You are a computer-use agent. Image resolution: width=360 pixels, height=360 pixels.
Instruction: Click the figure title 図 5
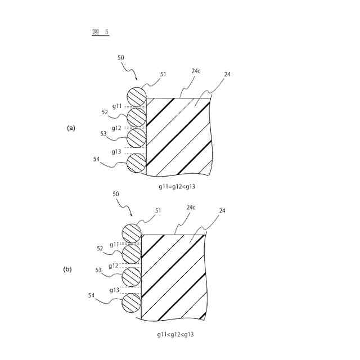(100, 32)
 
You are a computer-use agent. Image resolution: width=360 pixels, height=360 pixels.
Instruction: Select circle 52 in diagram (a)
(136, 117)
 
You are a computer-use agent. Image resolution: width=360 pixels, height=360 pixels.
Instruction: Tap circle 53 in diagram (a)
(136, 137)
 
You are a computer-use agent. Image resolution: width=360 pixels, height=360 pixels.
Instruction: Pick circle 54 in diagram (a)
(136, 163)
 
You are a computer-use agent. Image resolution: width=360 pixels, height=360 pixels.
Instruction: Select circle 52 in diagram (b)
(132, 254)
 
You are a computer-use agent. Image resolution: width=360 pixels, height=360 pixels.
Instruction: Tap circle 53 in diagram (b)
(132, 277)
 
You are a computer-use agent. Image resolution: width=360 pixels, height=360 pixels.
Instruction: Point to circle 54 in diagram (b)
(132, 303)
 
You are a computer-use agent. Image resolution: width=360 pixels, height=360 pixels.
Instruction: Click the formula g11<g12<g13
(177, 334)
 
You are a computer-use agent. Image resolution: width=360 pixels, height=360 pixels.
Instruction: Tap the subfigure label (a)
(71, 128)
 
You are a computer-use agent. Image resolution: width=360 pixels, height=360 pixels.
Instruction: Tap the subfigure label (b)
(67, 269)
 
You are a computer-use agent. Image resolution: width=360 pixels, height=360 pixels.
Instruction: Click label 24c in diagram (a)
(196, 71)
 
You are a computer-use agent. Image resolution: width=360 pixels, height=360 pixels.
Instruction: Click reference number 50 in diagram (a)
(121, 57)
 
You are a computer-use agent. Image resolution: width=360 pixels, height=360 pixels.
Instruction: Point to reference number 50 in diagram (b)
(116, 193)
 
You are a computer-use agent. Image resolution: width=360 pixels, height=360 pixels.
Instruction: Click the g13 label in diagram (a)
(116, 152)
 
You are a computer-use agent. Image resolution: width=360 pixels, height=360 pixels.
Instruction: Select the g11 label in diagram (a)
(117, 106)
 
